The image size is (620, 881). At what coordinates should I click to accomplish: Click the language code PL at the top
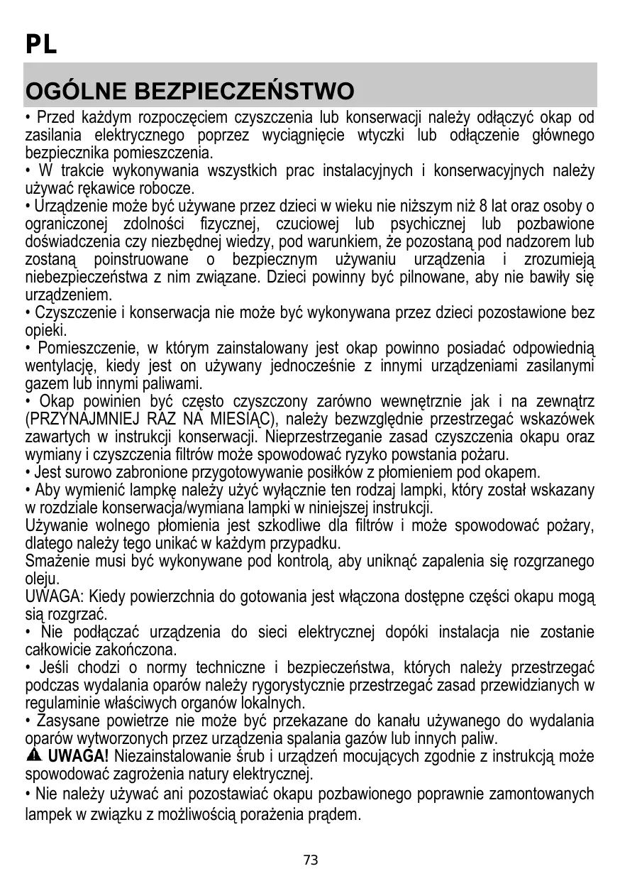[x=41, y=45]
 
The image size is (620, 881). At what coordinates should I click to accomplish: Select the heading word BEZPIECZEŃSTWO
[x=243, y=92]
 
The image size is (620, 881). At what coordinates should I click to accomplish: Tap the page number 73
[x=311, y=860]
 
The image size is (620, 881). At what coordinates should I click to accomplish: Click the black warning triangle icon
[x=34, y=755]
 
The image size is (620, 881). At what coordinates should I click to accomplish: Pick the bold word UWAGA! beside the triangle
[x=78, y=755]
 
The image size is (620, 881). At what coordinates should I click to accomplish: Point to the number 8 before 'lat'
[x=483, y=207]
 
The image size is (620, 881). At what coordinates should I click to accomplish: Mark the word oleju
[x=40, y=579]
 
